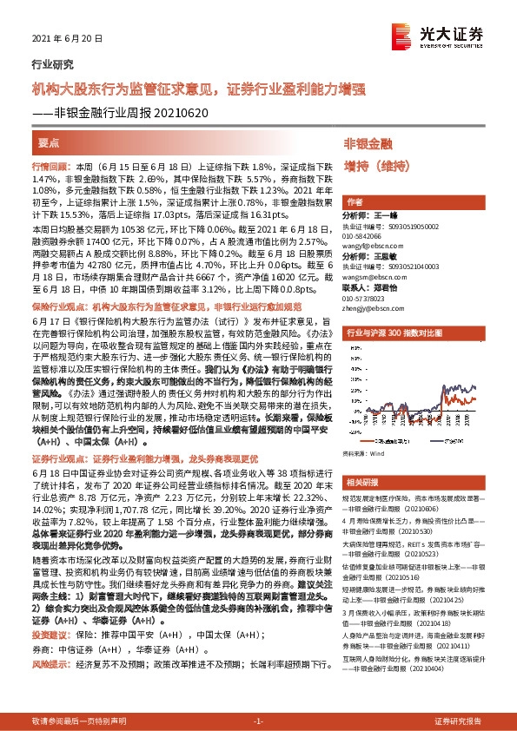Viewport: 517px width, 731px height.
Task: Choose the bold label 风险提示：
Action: (50, 639)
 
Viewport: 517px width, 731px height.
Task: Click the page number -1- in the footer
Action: (257, 721)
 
